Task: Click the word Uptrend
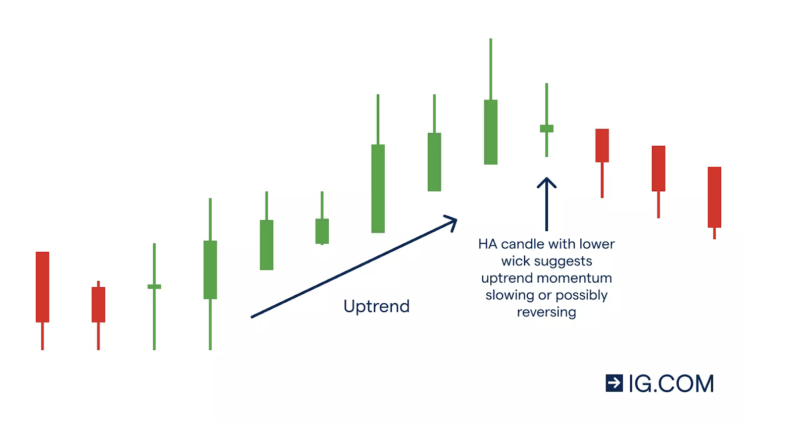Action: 376,307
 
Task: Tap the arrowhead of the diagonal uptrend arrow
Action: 452,222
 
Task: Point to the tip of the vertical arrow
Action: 546,178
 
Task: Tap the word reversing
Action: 546,312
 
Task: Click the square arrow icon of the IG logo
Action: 614,383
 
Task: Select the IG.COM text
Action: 671,384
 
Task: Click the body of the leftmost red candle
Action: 42,287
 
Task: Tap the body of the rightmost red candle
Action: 714,197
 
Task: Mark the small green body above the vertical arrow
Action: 546,128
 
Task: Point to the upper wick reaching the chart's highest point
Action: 490,69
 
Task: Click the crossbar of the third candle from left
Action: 155,287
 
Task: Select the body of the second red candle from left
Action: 98,305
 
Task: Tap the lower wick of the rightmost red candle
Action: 714,233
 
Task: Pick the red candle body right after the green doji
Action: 602,145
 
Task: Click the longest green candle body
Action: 378,189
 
